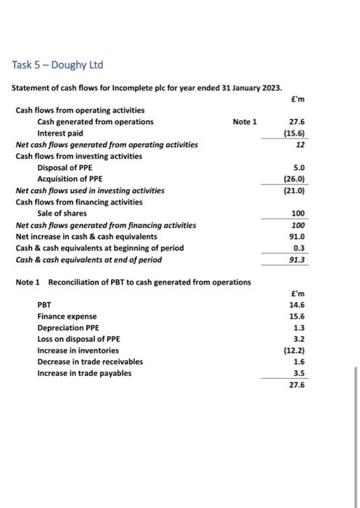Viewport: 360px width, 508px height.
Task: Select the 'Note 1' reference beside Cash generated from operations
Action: (x=245, y=121)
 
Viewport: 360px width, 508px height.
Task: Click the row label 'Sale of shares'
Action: (x=62, y=213)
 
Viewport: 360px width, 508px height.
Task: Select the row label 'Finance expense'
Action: (x=67, y=316)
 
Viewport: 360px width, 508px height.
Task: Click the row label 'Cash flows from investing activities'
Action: (x=78, y=156)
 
